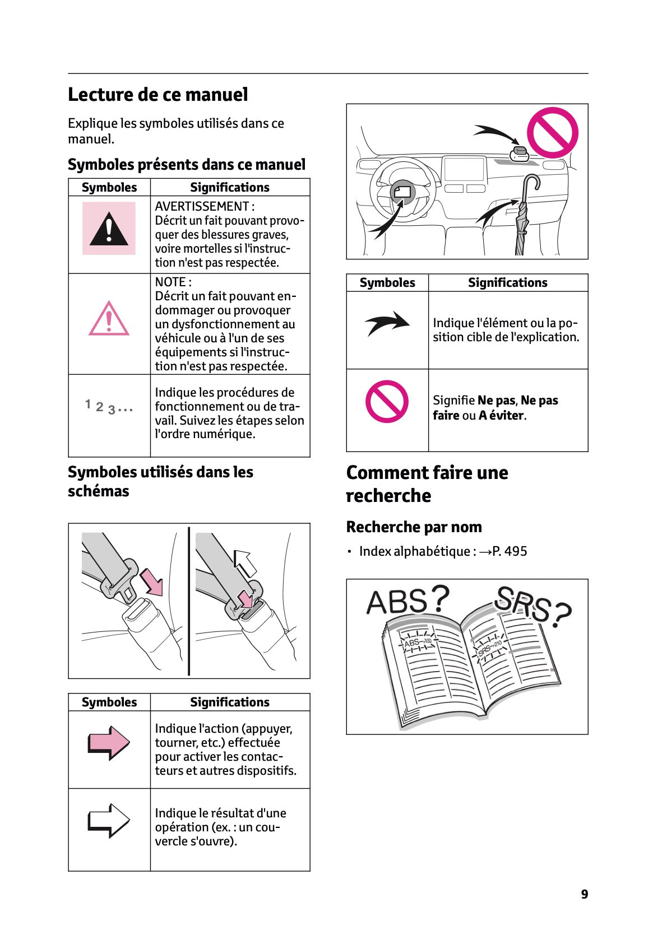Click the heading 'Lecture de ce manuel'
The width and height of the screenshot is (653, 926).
click(158, 95)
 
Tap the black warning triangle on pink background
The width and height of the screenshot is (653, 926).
click(109, 229)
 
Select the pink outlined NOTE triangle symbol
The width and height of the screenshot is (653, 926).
click(109, 319)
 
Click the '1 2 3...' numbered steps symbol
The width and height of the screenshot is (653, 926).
click(109, 407)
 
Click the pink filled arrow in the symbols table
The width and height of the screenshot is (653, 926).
click(109, 743)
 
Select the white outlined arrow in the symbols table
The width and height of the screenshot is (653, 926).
click(109, 821)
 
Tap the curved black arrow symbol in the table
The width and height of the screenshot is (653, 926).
click(387, 323)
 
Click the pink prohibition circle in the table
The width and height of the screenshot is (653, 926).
click(387, 401)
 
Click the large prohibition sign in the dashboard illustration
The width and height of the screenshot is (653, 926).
click(552, 133)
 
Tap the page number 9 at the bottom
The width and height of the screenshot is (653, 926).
click(584, 894)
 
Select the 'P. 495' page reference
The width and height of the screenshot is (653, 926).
click(510, 551)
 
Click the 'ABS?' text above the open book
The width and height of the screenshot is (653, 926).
click(407, 601)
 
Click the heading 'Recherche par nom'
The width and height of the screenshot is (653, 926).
click(414, 527)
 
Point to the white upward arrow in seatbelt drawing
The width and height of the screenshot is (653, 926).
click(245, 562)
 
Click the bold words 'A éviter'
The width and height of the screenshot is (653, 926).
click(501, 415)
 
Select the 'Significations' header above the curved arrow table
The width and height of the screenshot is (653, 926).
click(507, 283)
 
